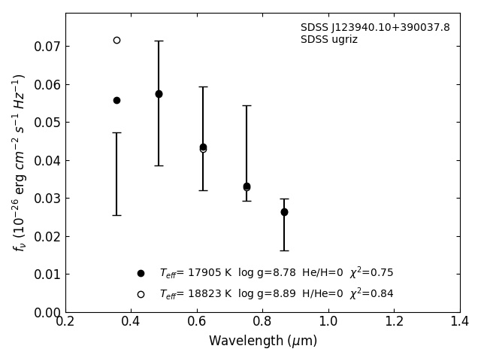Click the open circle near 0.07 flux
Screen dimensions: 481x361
pos(117,40)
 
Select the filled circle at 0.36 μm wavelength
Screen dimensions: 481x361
pos(117,100)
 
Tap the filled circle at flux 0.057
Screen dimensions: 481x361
pos(159,94)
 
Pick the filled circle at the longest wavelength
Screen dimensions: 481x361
pos(284,212)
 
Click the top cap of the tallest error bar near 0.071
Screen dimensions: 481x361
pos(159,41)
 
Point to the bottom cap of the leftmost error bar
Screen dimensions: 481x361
pos(117,216)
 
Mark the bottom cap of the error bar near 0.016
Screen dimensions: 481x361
pos(284,250)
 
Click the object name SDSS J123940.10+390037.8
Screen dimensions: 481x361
pos(375,27)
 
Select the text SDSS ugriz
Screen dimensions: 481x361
pos(329,40)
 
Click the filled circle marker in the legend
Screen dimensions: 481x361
pos(141,273)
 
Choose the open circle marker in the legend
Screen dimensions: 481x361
pos(141,294)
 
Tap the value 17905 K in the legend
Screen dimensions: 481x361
pos(210,272)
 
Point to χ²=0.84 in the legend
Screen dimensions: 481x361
pos(371,293)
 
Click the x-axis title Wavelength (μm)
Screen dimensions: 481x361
pos(263,341)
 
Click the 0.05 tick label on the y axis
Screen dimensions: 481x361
pos(47,123)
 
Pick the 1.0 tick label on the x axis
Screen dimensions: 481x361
pos(328,321)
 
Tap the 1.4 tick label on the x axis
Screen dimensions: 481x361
pos(460,321)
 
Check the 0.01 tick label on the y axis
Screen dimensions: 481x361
pos(47,274)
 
